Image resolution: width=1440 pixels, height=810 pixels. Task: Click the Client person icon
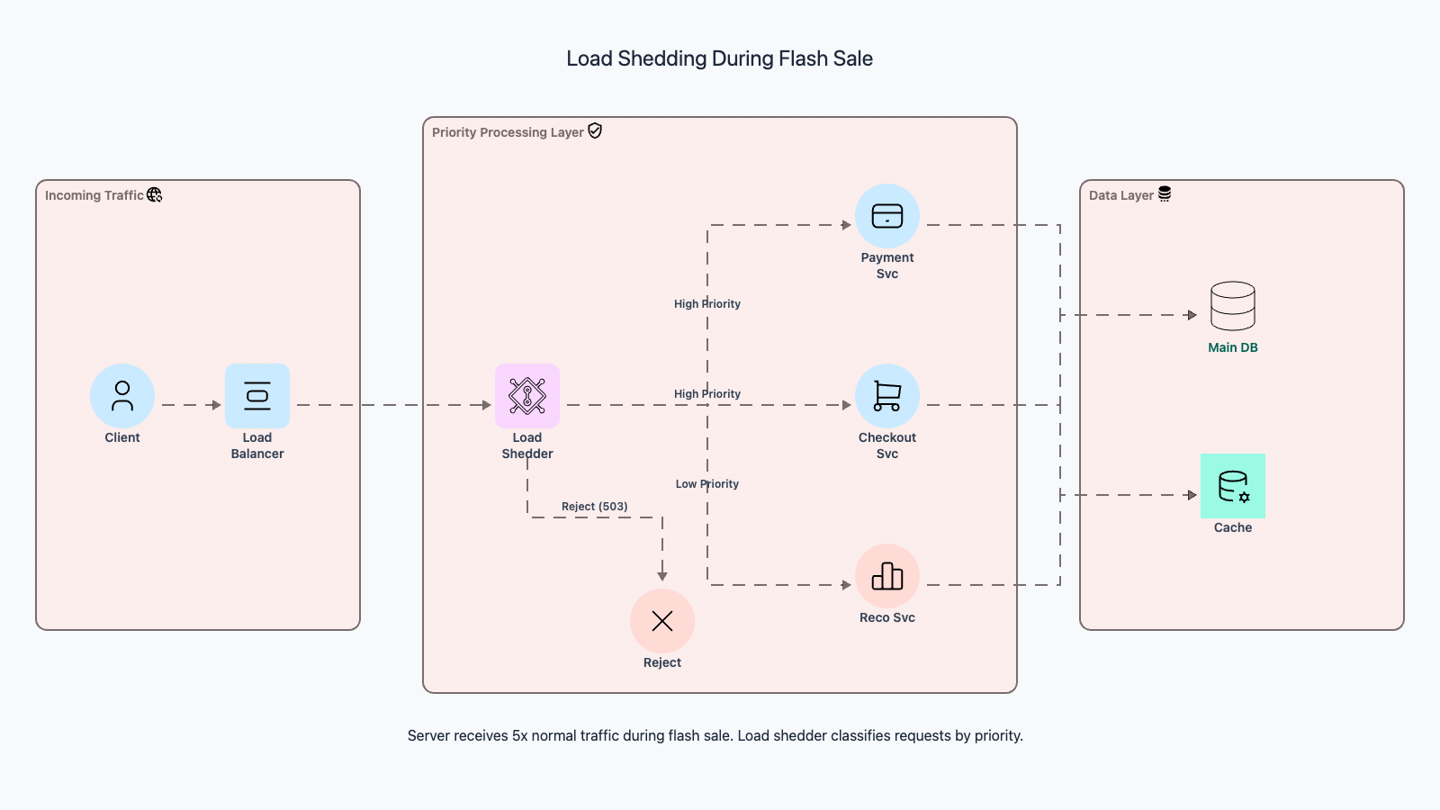tap(122, 396)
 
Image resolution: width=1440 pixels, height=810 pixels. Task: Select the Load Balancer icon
tap(257, 396)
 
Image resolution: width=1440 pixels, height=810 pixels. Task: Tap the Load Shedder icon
tap(527, 396)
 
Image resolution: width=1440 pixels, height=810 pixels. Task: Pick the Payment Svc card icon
tap(887, 216)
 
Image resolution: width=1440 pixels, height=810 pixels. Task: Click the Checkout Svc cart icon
tap(887, 396)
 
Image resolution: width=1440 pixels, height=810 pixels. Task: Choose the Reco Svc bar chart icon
tap(887, 576)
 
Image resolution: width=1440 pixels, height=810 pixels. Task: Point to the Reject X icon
tap(662, 621)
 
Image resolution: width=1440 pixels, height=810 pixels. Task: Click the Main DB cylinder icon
tap(1233, 306)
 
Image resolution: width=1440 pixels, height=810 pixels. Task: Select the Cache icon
tap(1233, 486)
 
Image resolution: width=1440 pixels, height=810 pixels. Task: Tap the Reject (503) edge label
tap(595, 507)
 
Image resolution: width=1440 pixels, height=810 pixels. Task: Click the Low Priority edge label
tap(707, 484)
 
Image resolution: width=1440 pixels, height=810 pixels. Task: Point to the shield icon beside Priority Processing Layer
tap(595, 131)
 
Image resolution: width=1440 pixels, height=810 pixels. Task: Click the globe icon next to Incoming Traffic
tap(155, 194)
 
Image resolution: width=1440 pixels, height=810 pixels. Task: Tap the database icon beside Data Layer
tap(1165, 194)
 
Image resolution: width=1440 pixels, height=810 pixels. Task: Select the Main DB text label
tap(1233, 347)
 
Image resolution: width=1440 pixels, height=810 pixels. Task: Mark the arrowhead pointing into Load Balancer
tap(216, 405)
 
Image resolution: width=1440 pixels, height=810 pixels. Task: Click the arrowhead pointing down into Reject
tap(662, 576)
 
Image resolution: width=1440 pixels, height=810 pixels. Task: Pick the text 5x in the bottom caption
tap(519, 736)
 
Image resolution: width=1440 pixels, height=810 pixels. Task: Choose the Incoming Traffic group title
tap(94, 195)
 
